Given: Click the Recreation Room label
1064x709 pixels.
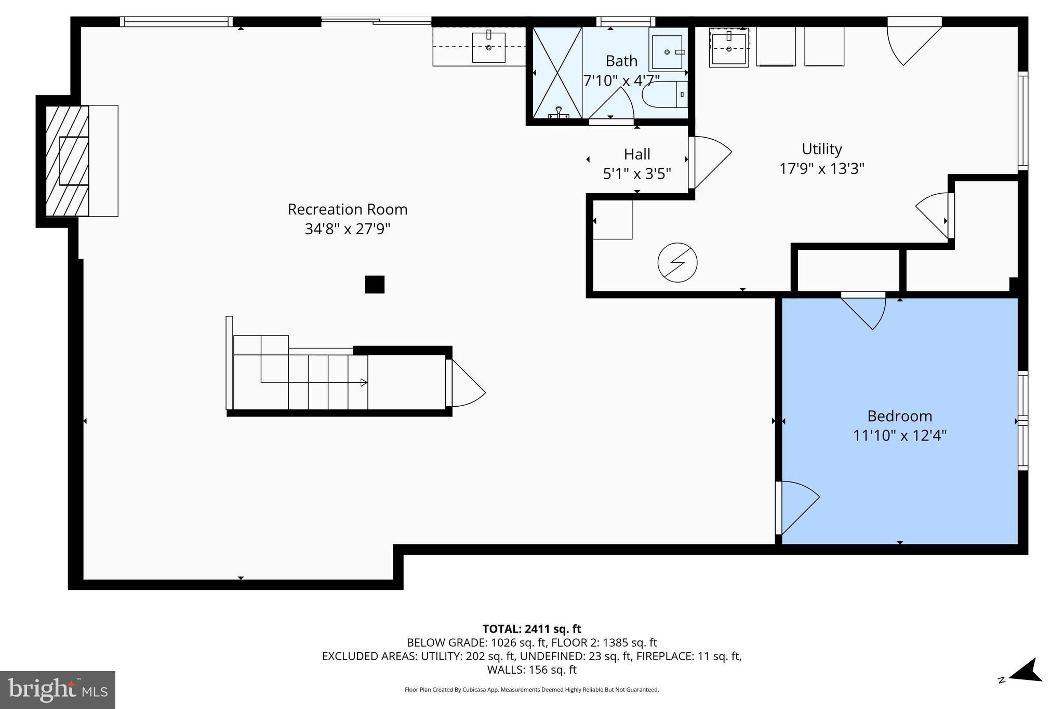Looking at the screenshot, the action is (348, 209).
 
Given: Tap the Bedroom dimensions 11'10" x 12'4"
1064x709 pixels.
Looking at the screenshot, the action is (900, 435).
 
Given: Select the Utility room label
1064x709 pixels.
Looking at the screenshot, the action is (821, 150).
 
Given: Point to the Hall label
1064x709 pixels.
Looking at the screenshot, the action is (637, 154).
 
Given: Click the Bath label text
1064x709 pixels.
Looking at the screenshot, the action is (621, 61).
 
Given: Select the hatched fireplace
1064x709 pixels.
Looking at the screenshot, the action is (67, 161).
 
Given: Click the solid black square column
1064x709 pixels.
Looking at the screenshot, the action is (375, 285).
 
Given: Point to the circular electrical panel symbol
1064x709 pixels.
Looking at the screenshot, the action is (677, 263).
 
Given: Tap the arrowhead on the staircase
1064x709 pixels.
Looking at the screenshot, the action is (364, 383).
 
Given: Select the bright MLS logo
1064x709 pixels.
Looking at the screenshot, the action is (58, 690).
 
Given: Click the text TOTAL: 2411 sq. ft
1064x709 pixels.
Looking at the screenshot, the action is (531, 630).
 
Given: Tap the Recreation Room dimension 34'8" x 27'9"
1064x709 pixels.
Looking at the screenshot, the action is (348, 229).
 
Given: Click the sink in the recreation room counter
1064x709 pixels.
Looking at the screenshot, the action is (488, 47).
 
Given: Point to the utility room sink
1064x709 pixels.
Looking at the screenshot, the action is (729, 47).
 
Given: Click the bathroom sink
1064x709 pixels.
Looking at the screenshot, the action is (667, 52).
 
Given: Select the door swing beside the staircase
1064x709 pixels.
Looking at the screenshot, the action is (465, 383).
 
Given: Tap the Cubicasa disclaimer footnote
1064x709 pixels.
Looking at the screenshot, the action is (531, 690).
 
